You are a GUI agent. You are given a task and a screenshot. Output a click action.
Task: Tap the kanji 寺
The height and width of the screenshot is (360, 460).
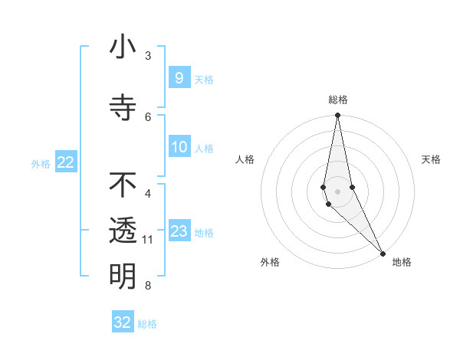coord(123,106)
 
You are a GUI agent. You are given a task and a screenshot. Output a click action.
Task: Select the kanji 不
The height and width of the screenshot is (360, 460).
coord(123,185)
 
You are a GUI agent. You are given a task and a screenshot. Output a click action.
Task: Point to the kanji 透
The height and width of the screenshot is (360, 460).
coord(123,231)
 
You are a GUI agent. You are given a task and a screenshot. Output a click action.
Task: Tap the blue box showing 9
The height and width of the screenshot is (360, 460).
coord(179,77)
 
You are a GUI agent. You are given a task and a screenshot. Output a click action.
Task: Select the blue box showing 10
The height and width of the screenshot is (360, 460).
coord(179,147)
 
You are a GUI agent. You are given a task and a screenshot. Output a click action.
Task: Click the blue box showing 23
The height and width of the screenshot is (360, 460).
coord(179,231)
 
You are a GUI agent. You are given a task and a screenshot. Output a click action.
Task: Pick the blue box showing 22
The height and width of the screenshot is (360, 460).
coord(65,162)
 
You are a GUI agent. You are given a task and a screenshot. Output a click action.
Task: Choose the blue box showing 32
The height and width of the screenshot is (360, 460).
coord(123,322)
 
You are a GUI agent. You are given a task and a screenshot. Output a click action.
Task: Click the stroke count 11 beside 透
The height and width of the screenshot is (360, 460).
coord(148,240)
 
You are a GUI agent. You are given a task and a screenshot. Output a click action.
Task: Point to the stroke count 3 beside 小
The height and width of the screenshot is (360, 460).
coord(148,56)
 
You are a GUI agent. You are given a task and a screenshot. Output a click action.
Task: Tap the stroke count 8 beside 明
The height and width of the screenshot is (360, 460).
coord(148,286)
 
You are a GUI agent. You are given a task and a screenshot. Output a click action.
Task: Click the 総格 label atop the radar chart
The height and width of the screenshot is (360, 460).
coord(338,100)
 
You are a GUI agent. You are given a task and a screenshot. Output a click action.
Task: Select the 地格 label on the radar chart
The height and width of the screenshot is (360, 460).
coord(402,262)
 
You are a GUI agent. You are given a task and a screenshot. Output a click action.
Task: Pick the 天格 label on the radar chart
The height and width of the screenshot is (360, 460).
coord(431,159)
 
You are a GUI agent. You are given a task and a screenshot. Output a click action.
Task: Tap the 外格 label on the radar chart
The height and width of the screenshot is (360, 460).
coord(270,262)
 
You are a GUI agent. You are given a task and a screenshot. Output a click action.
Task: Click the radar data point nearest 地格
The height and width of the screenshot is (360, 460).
coord(383,253)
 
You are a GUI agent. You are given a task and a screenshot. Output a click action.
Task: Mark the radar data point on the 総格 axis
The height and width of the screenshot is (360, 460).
coord(337,116)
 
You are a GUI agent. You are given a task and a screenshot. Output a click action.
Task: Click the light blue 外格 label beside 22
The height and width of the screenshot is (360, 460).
coord(41,163)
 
